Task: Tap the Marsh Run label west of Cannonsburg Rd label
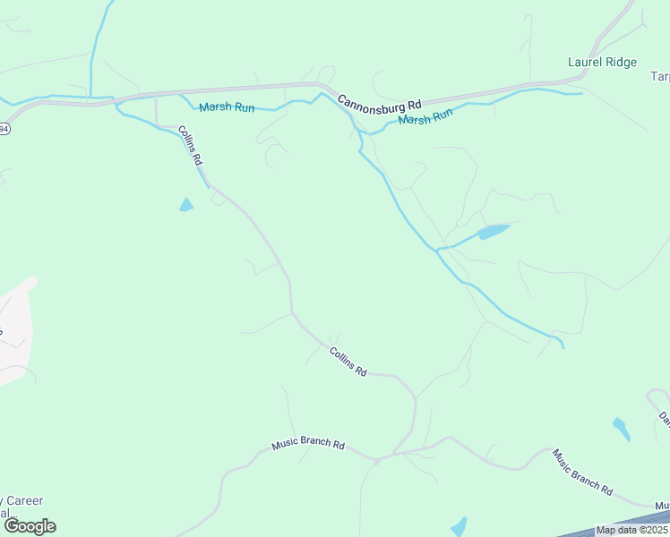tap(227, 107)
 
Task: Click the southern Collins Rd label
tap(348, 361)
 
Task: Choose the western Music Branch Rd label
tap(308, 444)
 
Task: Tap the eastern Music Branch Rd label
tap(582, 472)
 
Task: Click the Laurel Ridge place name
tap(602, 62)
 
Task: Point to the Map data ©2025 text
tap(631, 530)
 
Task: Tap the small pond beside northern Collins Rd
tap(185, 205)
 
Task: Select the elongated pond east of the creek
tap(492, 232)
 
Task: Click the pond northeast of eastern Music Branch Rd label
tap(621, 428)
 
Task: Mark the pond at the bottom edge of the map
tap(459, 526)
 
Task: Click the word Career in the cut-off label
tap(26, 500)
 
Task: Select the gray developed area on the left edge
tap(15, 331)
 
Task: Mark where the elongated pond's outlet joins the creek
tap(438, 250)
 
